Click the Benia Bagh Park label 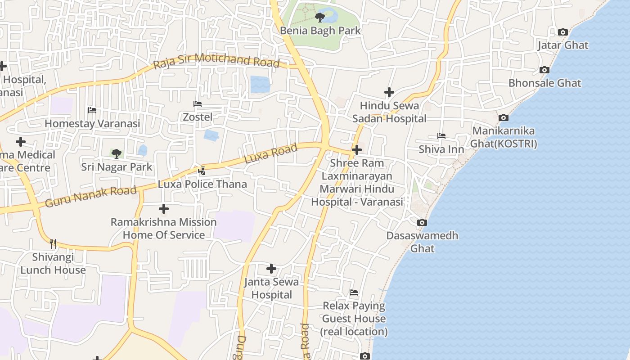pos(320,31)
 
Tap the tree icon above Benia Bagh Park pos(320,18)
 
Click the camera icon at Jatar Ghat pos(562,32)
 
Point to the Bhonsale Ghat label pos(544,83)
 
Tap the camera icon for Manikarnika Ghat pos(504,118)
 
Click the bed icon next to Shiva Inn pos(441,136)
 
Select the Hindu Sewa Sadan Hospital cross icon pos(389,92)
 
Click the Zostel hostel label pos(198,117)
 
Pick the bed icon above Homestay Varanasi pos(92,110)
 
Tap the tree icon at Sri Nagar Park pos(117,154)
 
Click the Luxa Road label pos(270,153)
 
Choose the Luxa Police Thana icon pos(202,171)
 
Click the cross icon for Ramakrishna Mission pos(164,209)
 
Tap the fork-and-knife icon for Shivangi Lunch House pos(53,244)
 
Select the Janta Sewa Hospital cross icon pos(271,269)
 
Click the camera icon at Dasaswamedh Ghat pos(422,223)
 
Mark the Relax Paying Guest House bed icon pos(354,293)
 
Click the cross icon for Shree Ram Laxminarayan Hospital pos(357,149)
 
